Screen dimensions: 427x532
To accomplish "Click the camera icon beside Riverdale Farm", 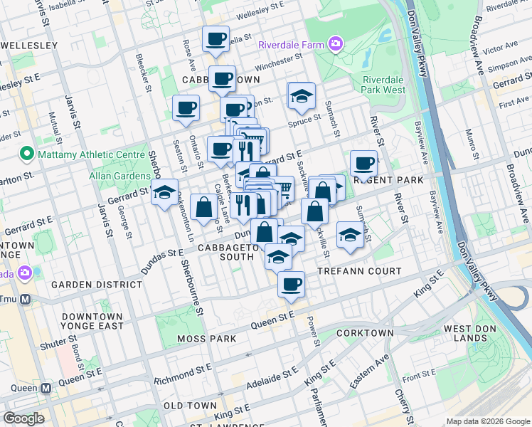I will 335,44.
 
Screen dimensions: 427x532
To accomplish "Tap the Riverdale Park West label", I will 384,85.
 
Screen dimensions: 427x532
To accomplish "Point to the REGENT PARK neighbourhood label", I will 388,181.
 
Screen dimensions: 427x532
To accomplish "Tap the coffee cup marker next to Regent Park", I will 363,164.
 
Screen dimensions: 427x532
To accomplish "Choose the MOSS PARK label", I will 208,339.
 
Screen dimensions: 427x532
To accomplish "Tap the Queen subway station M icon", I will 46,389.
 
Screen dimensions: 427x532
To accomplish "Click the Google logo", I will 23,418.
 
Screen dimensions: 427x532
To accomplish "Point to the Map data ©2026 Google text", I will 488,421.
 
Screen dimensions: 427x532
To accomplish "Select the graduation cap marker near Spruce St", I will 302,96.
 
